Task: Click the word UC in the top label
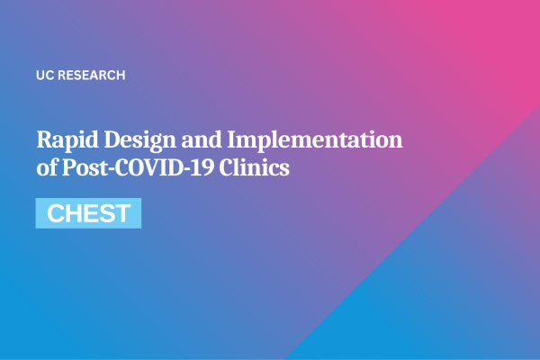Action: click(44, 76)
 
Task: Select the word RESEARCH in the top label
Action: click(91, 76)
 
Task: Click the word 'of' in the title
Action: click(46, 167)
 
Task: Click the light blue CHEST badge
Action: click(88, 213)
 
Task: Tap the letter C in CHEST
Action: click(54, 214)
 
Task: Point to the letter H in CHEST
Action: click(72, 214)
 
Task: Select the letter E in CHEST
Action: click(89, 214)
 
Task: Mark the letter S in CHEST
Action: click(104, 214)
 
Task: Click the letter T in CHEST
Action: click(121, 214)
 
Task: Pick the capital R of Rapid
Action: click(44, 140)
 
